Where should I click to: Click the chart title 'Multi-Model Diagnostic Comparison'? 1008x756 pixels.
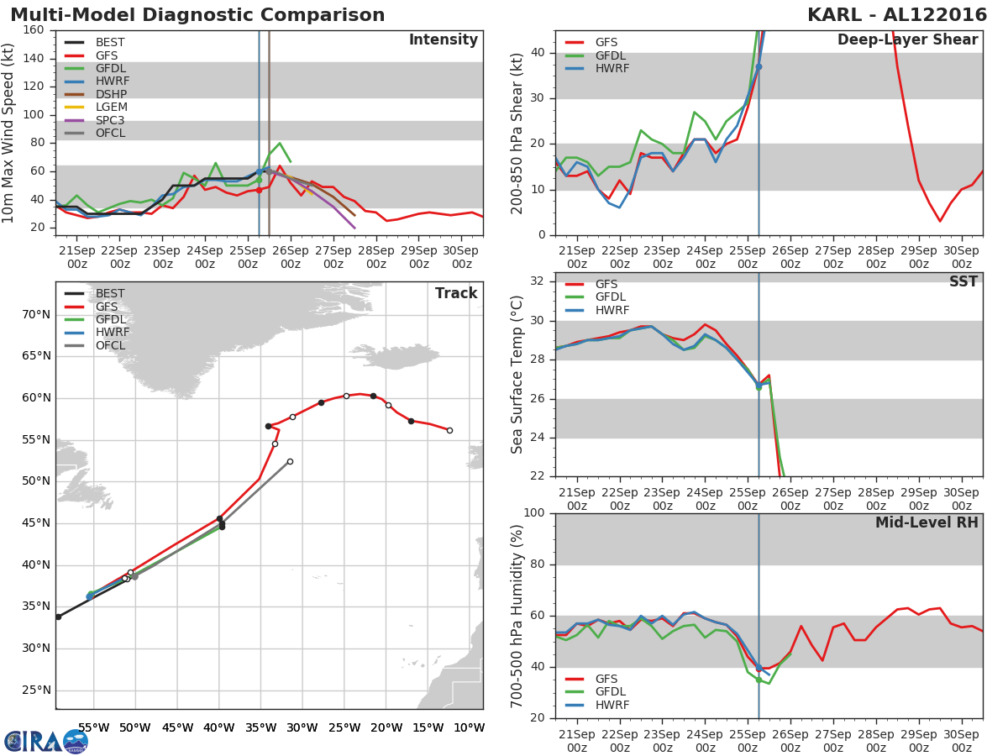click(x=197, y=15)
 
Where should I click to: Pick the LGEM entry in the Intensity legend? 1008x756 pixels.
click(x=112, y=108)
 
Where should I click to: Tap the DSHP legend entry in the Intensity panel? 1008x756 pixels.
click(x=112, y=94)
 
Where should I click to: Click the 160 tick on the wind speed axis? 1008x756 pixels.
click(x=34, y=30)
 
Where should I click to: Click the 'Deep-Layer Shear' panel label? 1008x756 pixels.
click(x=907, y=40)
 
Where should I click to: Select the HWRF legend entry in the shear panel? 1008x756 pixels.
click(x=612, y=69)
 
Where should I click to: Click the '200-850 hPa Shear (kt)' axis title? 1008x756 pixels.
click(x=518, y=133)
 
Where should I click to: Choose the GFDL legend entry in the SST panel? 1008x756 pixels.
click(x=612, y=297)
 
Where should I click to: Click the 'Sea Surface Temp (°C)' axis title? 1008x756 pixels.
click(x=518, y=375)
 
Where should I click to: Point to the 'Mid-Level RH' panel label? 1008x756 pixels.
click(x=927, y=522)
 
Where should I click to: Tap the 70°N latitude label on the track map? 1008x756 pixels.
click(x=35, y=315)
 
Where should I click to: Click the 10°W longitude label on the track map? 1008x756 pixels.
click(x=469, y=727)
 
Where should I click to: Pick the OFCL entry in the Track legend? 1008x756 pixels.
click(x=110, y=345)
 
